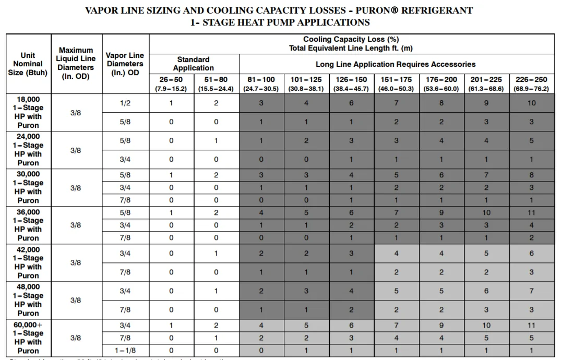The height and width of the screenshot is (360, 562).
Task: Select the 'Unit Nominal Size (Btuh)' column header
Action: click(28, 64)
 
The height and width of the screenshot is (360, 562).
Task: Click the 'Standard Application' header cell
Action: click(194, 64)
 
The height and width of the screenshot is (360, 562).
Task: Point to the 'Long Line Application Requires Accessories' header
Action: click(396, 64)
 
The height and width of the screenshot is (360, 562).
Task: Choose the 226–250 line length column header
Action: click(532, 83)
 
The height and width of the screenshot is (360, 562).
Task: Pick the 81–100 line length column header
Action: click(261, 83)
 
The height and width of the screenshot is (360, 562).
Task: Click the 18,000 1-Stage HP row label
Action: click(28, 112)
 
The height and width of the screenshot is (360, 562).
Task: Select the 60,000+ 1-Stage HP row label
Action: click(28, 338)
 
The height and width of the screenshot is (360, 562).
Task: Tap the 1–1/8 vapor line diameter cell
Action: click(126, 351)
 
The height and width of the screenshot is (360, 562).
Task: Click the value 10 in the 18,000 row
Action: click(532, 103)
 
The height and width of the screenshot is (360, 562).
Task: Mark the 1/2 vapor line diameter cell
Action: click(126, 103)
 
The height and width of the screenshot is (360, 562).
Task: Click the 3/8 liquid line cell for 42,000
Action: click(76, 262)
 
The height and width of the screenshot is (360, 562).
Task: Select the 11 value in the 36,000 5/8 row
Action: click(532, 212)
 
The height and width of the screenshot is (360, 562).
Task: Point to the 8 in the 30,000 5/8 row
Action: click(532, 175)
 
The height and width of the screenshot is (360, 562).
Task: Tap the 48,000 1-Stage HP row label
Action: click(28, 300)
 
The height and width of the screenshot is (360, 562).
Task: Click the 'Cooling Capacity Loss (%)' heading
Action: click(351, 40)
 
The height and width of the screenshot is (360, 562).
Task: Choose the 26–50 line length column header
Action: click(171, 83)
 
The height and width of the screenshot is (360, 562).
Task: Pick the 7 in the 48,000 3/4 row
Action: click(532, 291)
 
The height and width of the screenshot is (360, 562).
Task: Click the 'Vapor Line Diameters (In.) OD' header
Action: click(126, 64)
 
